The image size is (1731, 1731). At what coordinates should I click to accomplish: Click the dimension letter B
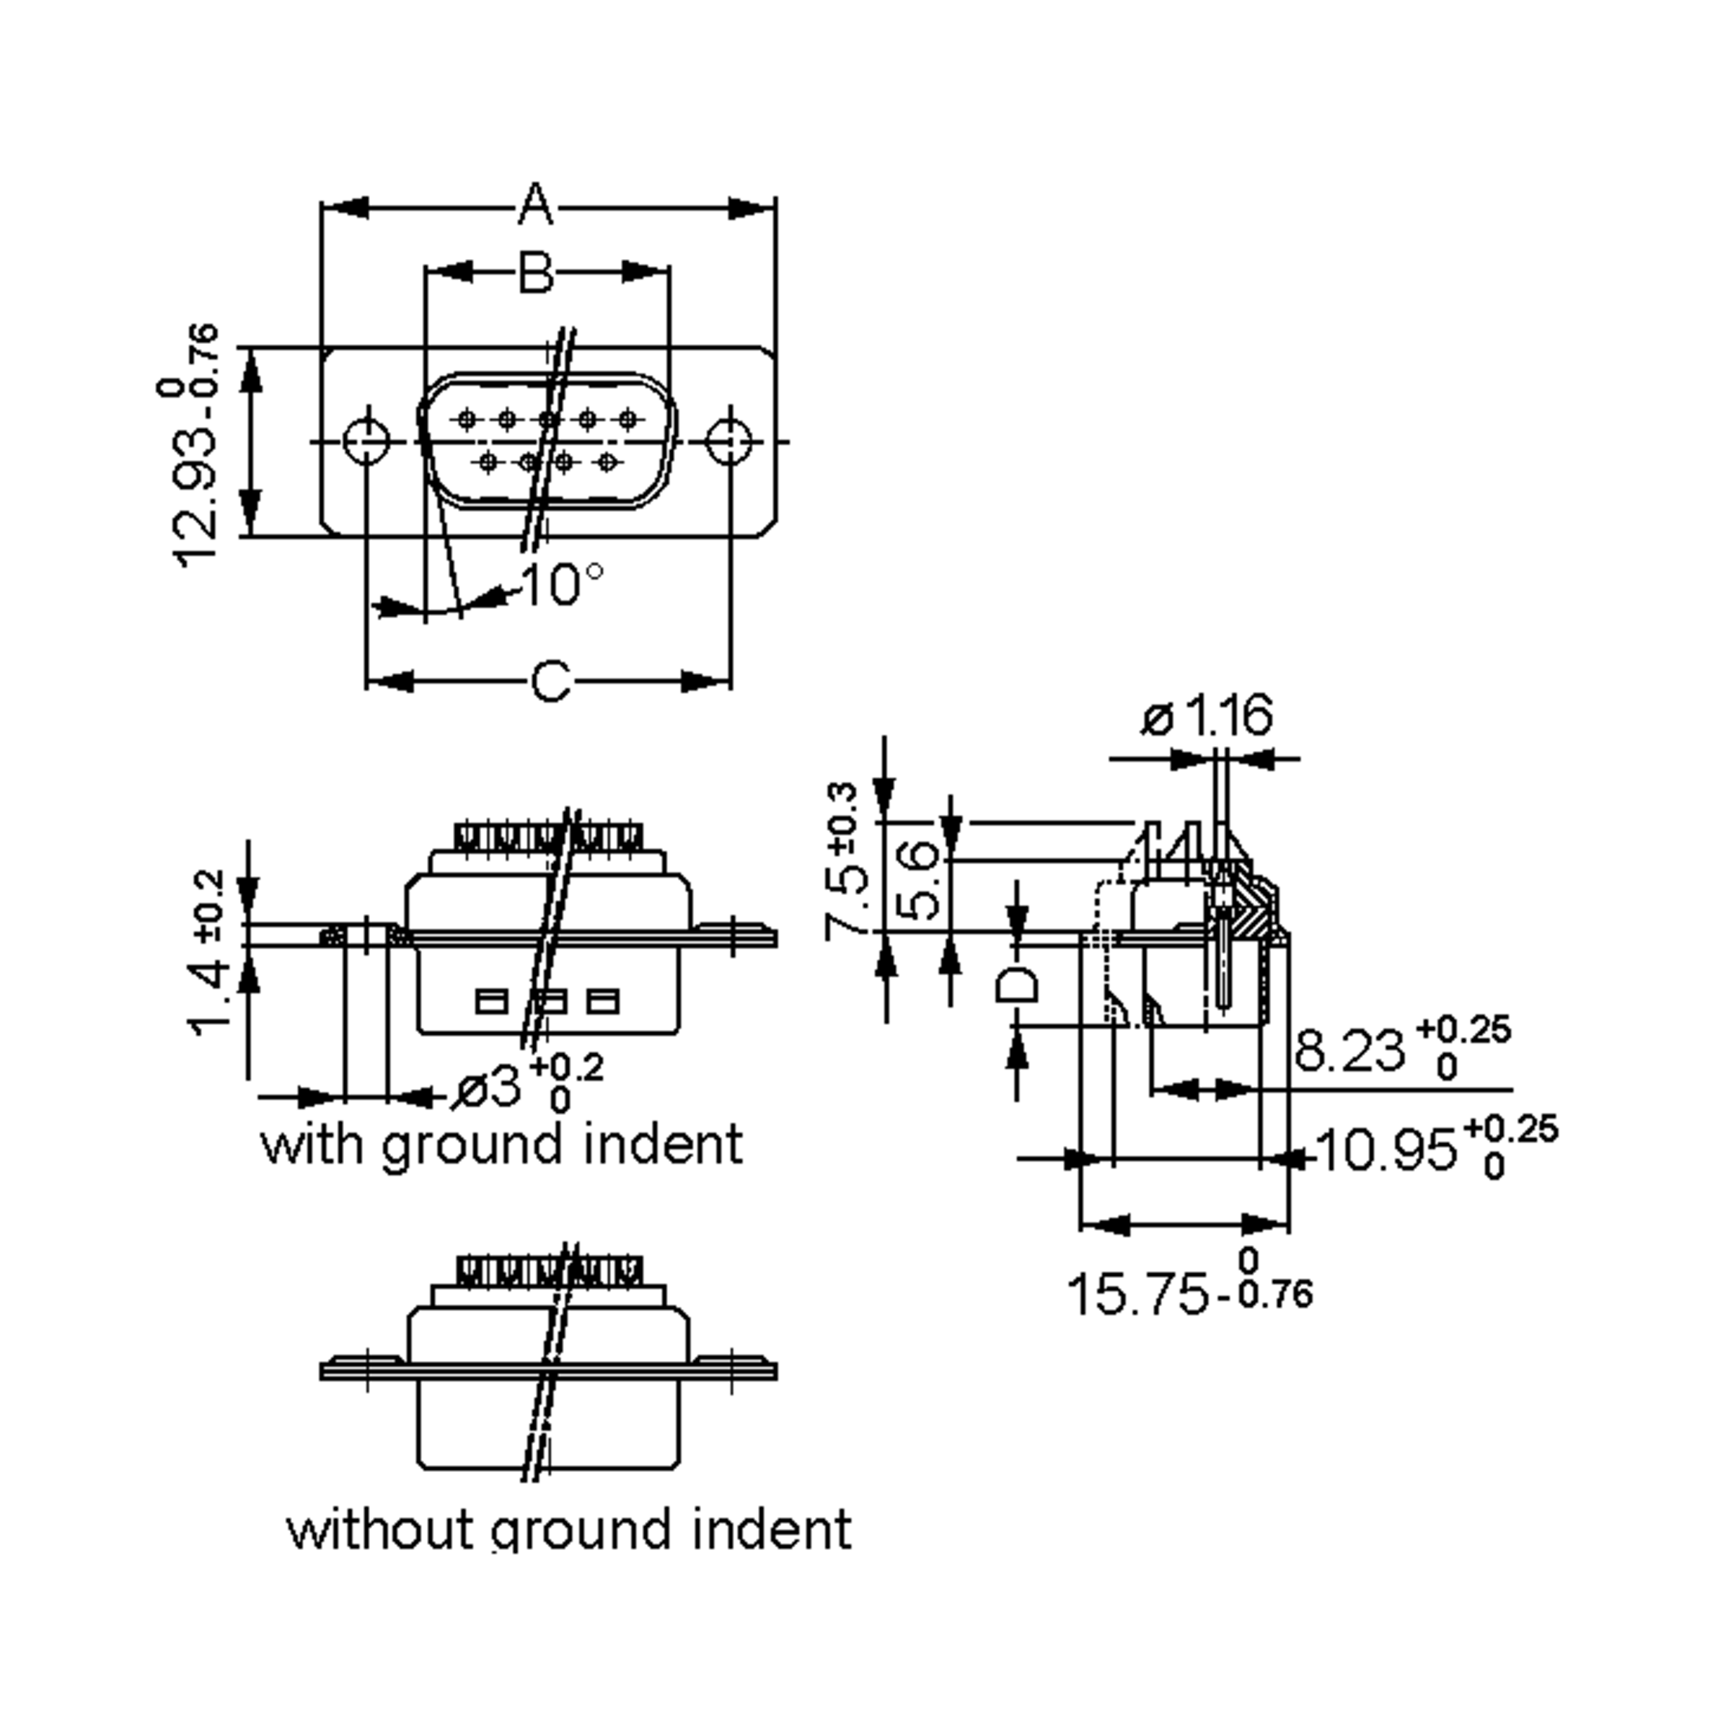[536, 273]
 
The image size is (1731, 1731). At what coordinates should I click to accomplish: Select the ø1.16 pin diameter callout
[1206, 716]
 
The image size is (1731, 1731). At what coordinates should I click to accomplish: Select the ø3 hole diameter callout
[488, 1088]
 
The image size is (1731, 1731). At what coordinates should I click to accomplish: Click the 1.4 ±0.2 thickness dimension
[208, 954]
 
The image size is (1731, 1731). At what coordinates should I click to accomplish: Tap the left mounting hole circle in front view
[366, 441]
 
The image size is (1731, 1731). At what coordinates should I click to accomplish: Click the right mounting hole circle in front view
[729, 441]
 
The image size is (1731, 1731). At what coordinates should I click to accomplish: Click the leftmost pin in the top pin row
[467, 418]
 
